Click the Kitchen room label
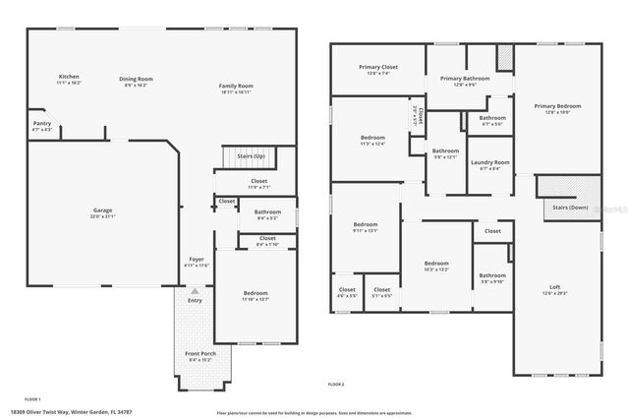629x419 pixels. pos(69,77)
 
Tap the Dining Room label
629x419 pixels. pos(137,79)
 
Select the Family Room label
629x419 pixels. pos(236,87)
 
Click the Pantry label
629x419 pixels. pos(41,124)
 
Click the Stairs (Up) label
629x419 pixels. pos(245,156)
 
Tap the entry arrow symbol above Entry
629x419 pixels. pos(196,291)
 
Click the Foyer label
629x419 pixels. pos(196,260)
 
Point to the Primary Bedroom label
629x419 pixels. pos(557,106)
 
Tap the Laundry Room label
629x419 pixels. pos(489,162)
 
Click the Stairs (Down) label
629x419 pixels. pos(570,208)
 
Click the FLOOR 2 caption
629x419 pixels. pos(336,383)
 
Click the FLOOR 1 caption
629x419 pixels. pos(32,398)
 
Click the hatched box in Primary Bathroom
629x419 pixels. pos(504,60)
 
